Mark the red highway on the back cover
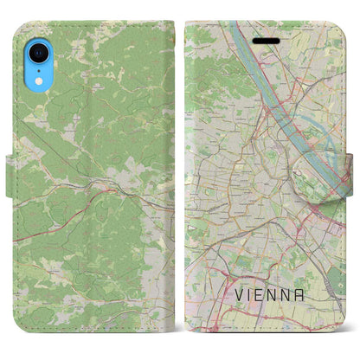coord(112,181)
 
